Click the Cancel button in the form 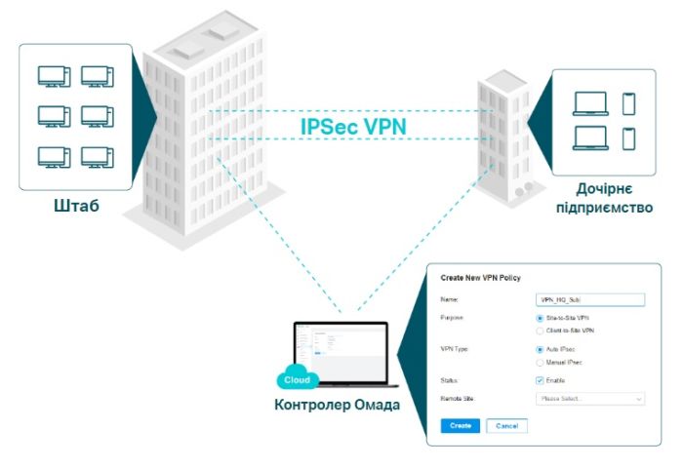tap(506, 426)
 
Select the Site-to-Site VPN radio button tap(541, 318)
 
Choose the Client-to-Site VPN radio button tap(541, 331)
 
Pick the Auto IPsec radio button tap(541, 349)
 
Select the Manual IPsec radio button tap(541, 362)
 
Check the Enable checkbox tap(541, 379)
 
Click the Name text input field tap(591, 300)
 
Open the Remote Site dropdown tap(591, 398)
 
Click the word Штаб tap(75, 207)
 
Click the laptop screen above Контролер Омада tap(341, 351)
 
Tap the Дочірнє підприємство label tap(604, 198)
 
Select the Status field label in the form tap(453, 379)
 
